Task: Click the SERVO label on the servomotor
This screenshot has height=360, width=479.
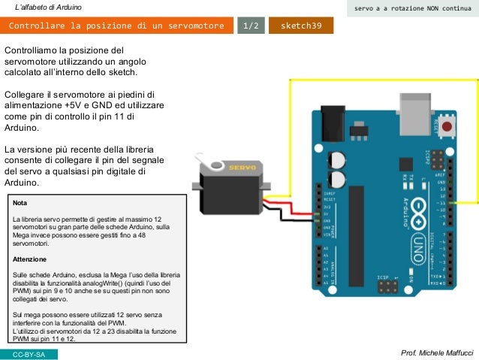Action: pyautogui.click(x=243, y=166)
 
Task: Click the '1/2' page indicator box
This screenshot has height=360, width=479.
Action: pyautogui.click(x=250, y=26)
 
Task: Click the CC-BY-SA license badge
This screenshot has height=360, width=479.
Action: pyautogui.click(x=29, y=353)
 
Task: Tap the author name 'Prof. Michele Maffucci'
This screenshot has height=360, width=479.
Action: pyautogui.click(x=438, y=352)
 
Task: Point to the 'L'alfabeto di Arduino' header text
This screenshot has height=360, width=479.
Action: pyautogui.click(x=54, y=8)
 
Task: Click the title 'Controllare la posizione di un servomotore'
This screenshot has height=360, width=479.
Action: pyautogui.click(x=116, y=26)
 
